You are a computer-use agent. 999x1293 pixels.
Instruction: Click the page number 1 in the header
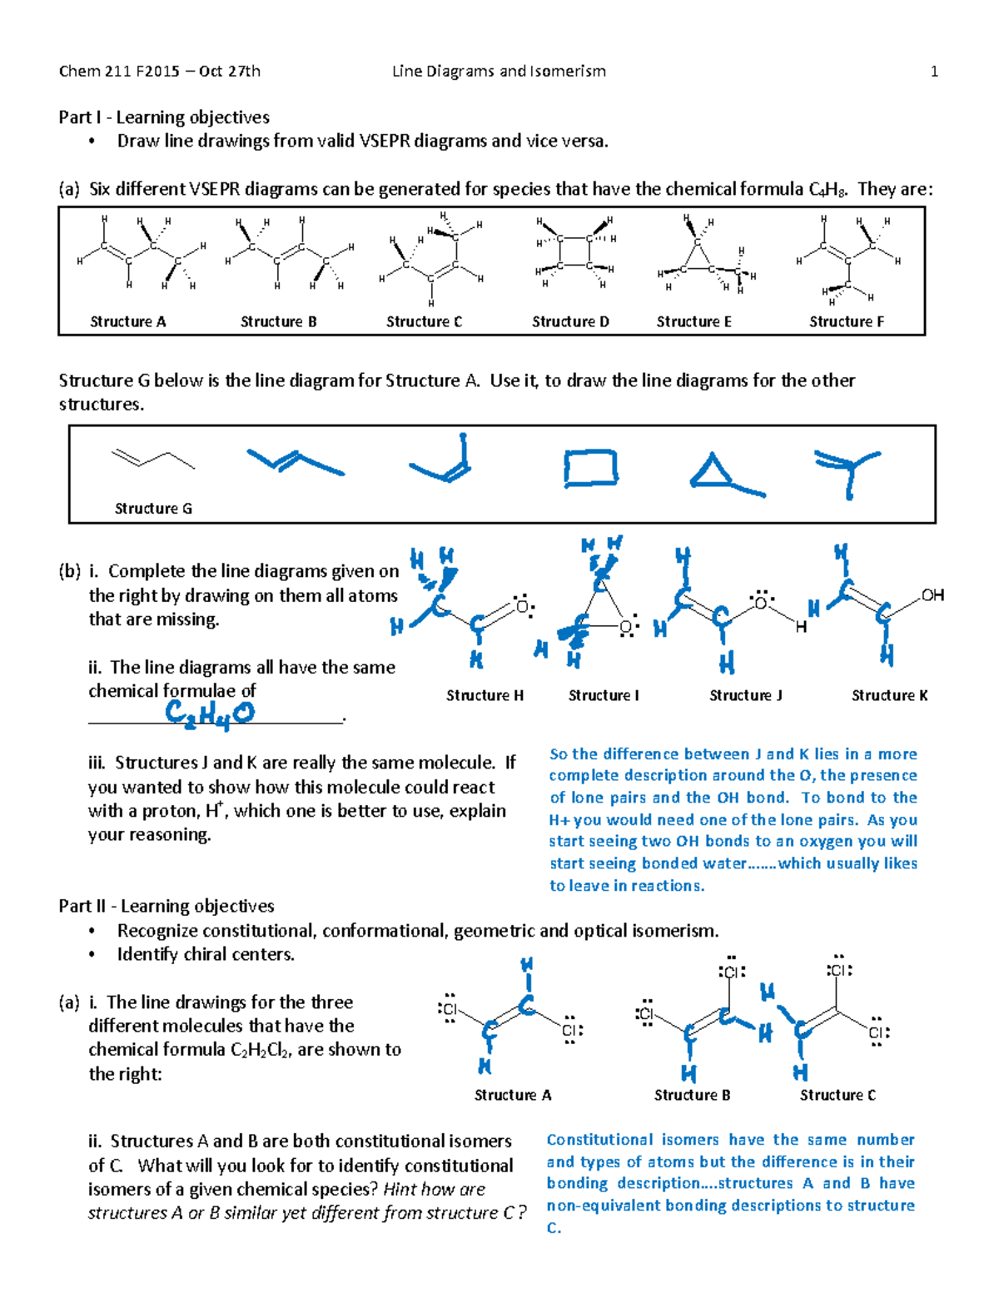click(x=934, y=72)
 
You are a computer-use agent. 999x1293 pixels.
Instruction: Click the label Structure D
click(x=570, y=321)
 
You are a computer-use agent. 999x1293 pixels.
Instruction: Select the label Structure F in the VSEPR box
click(x=846, y=321)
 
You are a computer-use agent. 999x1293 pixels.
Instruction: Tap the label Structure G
click(x=153, y=508)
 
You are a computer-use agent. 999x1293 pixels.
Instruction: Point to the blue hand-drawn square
click(x=590, y=467)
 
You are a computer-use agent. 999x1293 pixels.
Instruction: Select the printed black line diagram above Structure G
click(x=152, y=458)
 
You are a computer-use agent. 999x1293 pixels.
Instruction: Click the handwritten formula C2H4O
click(x=209, y=714)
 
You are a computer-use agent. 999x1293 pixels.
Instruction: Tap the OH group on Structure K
click(x=932, y=595)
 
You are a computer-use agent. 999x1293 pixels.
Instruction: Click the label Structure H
click(x=485, y=695)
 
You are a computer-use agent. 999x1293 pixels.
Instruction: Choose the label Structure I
click(x=604, y=695)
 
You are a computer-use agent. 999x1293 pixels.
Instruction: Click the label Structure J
click(x=745, y=695)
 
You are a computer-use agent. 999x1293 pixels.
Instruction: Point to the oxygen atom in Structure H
click(x=523, y=607)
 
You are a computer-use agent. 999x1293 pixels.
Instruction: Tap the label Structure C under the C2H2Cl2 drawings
click(x=837, y=1095)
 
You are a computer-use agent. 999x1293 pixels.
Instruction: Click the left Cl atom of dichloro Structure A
click(x=449, y=1010)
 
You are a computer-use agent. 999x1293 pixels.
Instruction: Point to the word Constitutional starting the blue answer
click(x=599, y=1140)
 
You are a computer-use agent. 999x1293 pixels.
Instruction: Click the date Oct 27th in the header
click(x=230, y=72)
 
